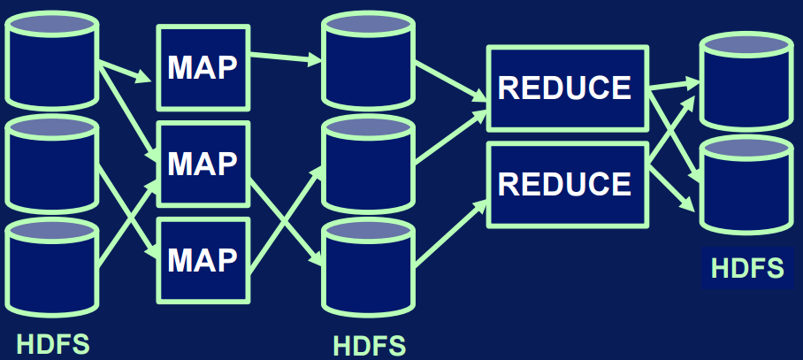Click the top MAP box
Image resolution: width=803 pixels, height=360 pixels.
203,67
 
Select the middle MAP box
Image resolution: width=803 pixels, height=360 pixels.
203,164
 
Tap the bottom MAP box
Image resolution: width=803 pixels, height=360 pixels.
203,259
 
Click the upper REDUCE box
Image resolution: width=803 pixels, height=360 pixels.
565,88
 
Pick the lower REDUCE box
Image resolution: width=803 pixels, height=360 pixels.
565,183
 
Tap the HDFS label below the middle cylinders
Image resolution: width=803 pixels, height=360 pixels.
369,344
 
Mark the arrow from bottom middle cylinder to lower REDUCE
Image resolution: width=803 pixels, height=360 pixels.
451,232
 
